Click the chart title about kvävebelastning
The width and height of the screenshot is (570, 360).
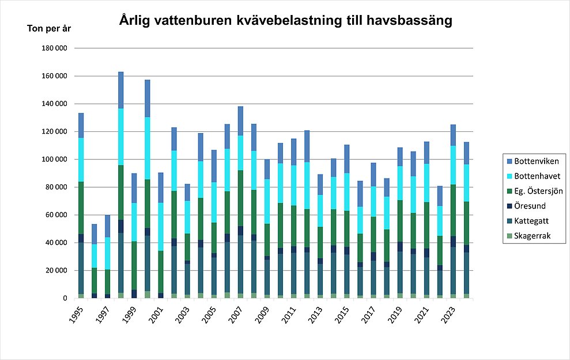286,21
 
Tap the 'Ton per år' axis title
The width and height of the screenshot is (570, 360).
50,28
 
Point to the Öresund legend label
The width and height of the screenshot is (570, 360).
530,205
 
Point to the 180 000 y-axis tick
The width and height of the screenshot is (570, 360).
55,48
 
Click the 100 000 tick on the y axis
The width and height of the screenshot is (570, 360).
55,160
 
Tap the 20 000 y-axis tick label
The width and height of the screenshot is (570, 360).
56,271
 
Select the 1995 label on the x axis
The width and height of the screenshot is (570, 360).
76,316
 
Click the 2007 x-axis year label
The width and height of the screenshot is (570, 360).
236,316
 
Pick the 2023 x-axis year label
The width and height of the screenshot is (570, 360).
449,316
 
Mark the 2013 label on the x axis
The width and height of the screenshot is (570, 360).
316,316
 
